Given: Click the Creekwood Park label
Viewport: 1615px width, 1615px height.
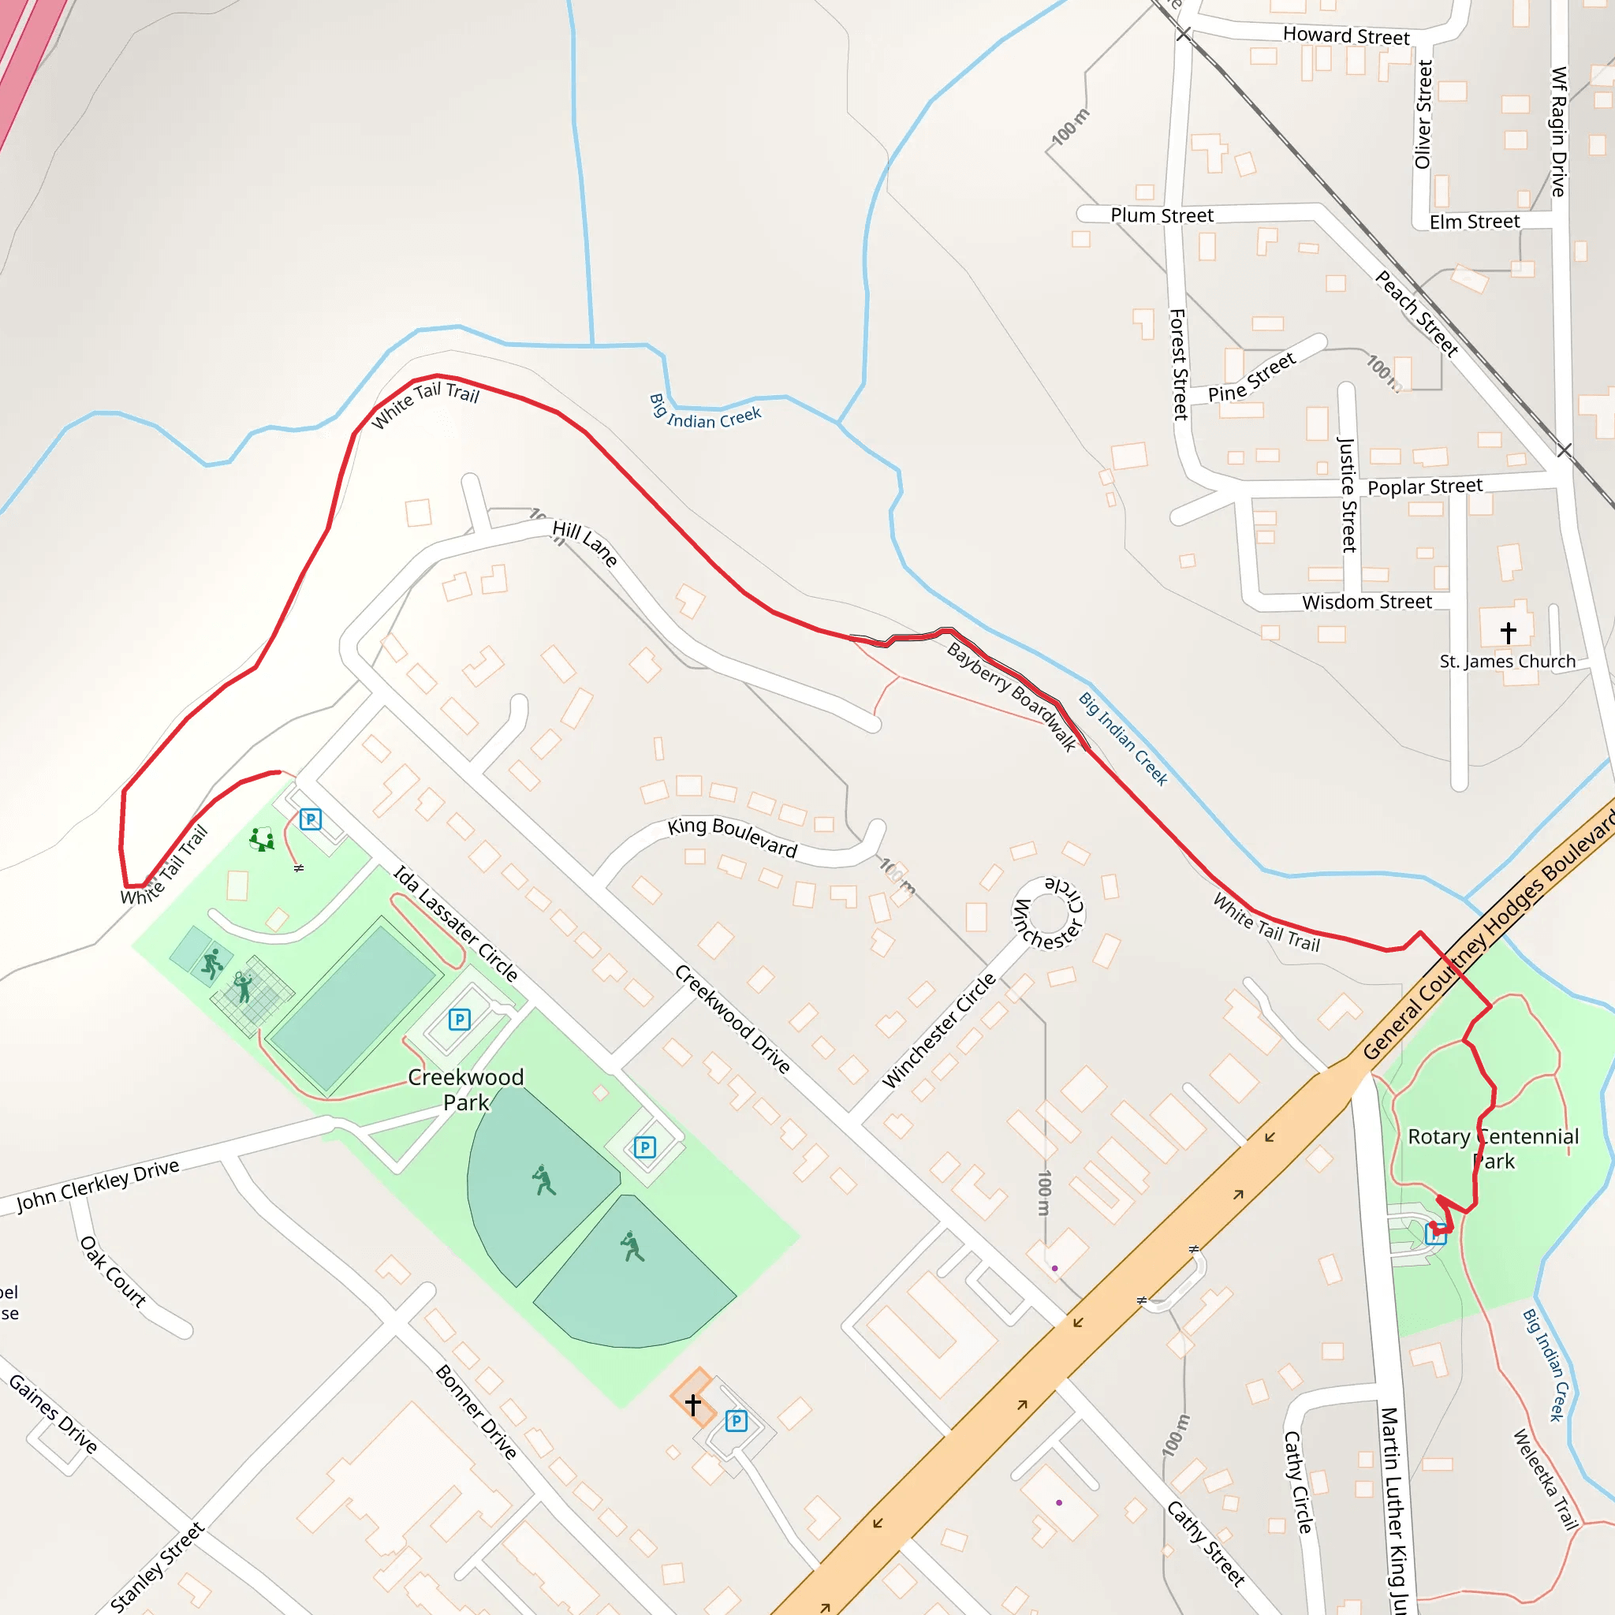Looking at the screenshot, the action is [x=465, y=1089].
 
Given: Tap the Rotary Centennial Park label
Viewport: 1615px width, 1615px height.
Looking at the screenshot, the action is [x=1493, y=1148].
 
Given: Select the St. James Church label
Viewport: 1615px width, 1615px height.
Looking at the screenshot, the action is [x=1507, y=661].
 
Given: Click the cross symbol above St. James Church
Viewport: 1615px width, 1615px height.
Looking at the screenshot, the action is [x=1508, y=632].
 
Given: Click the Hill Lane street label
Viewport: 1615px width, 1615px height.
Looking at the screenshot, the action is [x=585, y=543].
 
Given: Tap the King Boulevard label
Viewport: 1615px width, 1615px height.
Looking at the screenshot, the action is [x=733, y=837].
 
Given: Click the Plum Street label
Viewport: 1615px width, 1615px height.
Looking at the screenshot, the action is [x=1161, y=215].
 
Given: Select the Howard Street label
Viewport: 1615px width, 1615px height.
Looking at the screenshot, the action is [x=1346, y=36].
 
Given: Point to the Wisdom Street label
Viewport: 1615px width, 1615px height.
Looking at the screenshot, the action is [x=1367, y=602].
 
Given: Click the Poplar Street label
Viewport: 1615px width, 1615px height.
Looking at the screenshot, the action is [x=1424, y=487].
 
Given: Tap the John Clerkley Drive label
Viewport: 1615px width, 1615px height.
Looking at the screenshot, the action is [x=98, y=1185].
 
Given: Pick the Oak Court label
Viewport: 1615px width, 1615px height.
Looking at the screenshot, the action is [x=113, y=1271].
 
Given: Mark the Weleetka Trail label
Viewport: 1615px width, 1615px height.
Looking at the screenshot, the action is [x=1545, y=1479].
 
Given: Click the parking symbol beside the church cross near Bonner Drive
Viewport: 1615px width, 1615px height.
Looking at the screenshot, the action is [x=736, y=1420].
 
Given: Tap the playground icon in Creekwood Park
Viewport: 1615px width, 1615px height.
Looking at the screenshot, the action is [x=263, y=838].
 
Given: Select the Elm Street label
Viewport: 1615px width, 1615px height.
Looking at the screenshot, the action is [x=1475, y=222].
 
